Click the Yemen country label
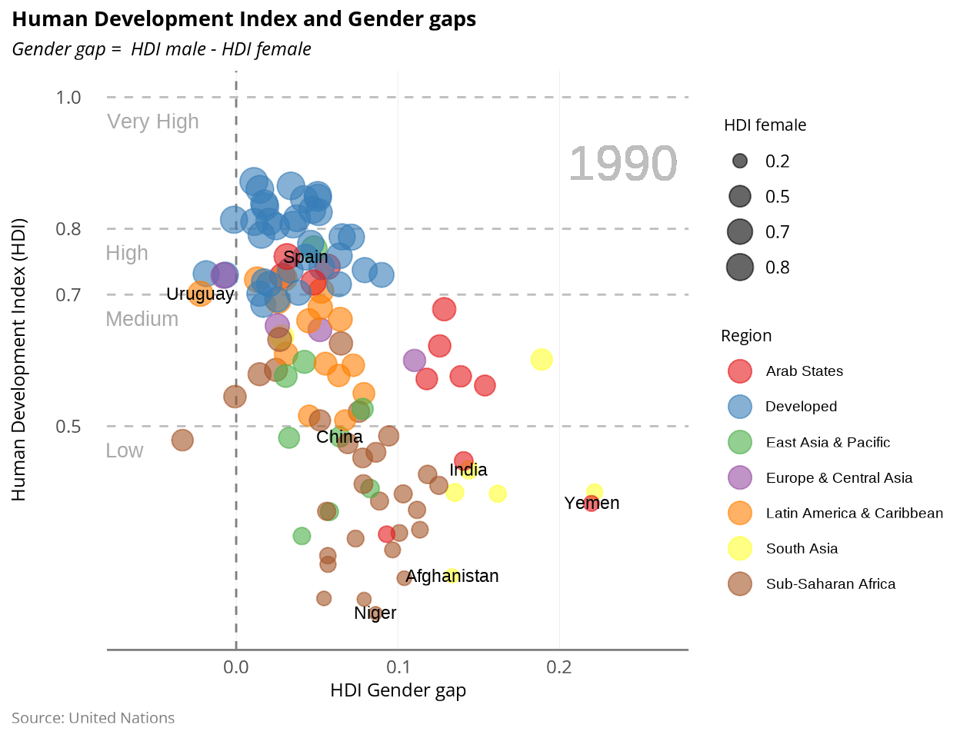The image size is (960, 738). click(x=592, y=504)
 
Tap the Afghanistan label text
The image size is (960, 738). click(x=452, y=577)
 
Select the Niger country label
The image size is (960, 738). click(x=375, y=613)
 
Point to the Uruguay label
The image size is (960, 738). click(x=200, y=294)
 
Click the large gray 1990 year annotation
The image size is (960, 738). click(x=622, y=164)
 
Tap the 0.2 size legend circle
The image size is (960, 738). click(x=740, y=161)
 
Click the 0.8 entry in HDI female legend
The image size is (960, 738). click(x=777, y=268)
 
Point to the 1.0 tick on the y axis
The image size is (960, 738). click(x=68, y=98)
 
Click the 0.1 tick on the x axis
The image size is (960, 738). click(x=398, y=667)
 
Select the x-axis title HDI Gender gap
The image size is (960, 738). click(x=398, y=690)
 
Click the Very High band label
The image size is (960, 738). click(x=153, y=122)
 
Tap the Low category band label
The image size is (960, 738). click(x=125, y=451)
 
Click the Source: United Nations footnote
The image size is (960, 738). click(x=93, y=718)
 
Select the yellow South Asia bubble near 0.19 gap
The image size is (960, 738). click(x=542, y=359)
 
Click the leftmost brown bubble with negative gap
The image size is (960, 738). click(x=182, y=440)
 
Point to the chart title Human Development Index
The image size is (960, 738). click(x=244, y=19)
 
